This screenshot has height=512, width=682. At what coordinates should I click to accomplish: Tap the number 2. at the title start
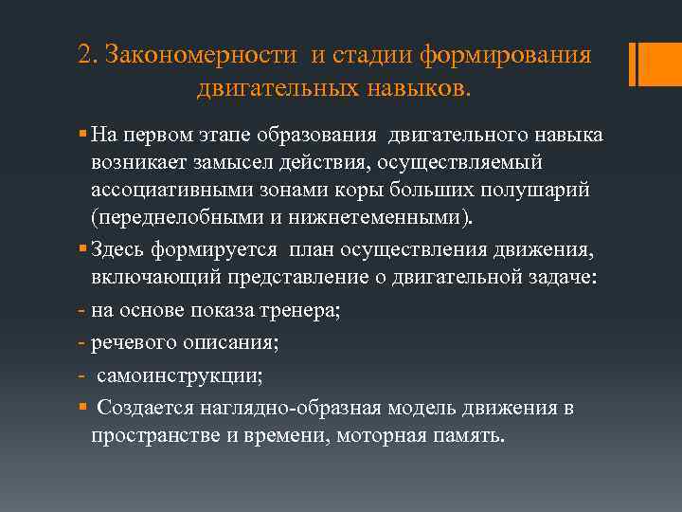click(88, 56)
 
